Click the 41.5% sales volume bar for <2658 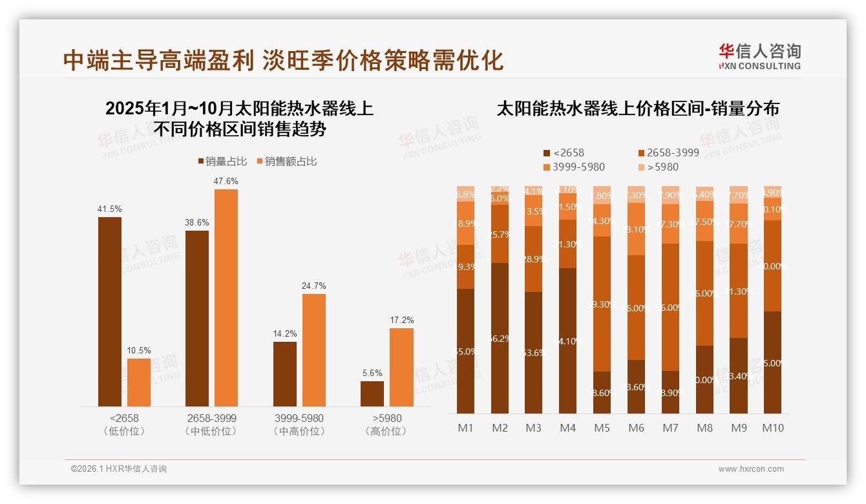click(110, 311)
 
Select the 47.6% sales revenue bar click(226, 297)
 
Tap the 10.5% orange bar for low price click(139, 382)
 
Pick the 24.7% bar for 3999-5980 click(313, 350)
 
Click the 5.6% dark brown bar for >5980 click(372, 394)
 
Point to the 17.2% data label click(401, 320)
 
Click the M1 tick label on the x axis click(465, 428)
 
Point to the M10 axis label click(772, 428)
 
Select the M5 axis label click(602, 428)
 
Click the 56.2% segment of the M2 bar click(500, 338)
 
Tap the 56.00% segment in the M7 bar click(670, 307)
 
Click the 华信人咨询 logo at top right click(759, 56)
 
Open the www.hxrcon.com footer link click(751, 469)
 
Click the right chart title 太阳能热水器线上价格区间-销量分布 click(637, 109)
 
